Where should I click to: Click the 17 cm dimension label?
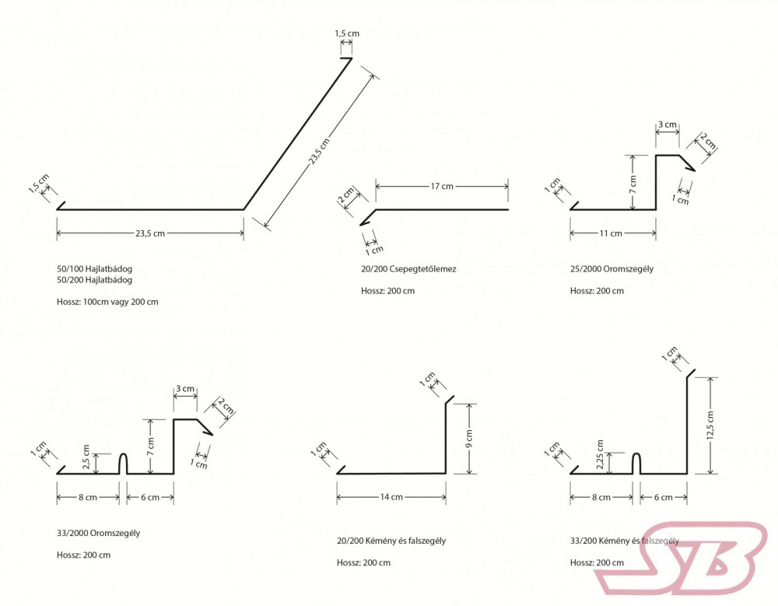(442, 187)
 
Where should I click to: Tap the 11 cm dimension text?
(611, 233)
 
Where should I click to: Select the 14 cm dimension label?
(391, 497)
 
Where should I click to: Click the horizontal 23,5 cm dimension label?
(149, 233)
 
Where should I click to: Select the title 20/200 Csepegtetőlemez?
(408, 269)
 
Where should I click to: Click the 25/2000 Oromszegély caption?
(612, 269)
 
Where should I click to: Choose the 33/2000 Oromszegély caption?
(98, 533)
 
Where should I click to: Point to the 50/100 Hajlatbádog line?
(94, 268)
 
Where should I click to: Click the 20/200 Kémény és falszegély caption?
(391, 541)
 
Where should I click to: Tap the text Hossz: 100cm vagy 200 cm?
(107, 301)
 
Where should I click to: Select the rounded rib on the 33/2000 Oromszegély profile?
(123, 463)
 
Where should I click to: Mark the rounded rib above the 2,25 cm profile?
(636, 463)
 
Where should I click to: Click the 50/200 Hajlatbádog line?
(94, 279)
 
